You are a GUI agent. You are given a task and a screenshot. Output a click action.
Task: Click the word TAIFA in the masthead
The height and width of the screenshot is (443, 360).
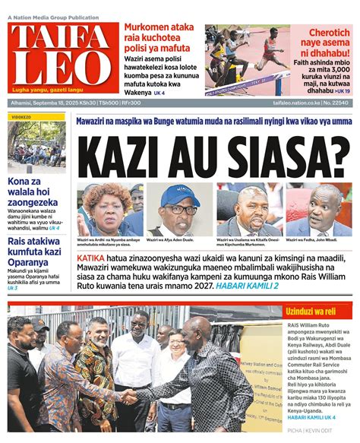coord(58,40)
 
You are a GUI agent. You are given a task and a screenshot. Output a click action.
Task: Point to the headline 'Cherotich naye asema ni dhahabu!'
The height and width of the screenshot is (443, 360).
coord(321,42)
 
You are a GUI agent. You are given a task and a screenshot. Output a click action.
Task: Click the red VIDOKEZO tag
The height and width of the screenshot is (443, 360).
coord(21,118)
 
